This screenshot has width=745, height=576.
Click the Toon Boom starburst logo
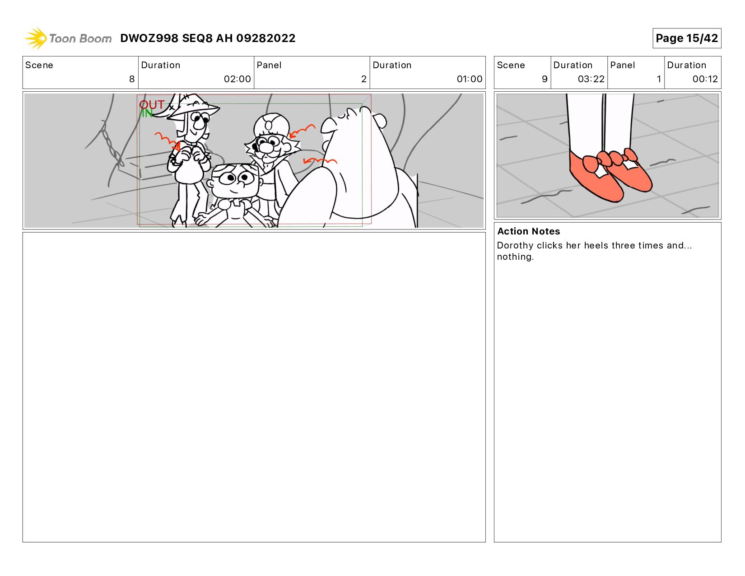tap(36, 38)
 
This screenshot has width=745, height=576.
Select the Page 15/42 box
tap(686, 38)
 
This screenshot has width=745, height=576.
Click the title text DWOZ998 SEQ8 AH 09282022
tap(208, 38)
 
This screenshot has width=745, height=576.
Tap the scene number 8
tap(132, 79)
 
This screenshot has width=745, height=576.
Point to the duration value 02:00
tap(237, 79)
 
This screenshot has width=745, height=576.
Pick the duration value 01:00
tap(470, 79)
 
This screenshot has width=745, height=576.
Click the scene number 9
tap(545, 79)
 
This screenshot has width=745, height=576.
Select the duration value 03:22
tap(591, 79)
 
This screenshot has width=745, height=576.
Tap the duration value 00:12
tap(705, 79)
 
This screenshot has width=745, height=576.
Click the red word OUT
tap(152, 104)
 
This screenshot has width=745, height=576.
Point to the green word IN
tap(147, 113)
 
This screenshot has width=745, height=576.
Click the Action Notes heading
tap(528, 231)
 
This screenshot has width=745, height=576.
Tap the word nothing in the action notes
tap(515, 257)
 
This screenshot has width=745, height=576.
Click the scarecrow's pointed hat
tap(193, 106)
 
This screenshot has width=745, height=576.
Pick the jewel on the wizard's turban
tap(269, 126)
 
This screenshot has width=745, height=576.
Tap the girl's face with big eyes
tap(234, 180)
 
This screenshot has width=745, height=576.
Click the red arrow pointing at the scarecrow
tap(168, 140)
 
